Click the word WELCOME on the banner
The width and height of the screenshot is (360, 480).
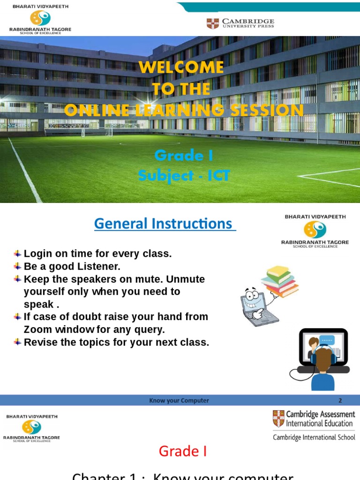click(181, 67)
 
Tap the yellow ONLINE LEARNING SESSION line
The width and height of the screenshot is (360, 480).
click(184, 110)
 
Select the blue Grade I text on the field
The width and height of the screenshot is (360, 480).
click(184, 155)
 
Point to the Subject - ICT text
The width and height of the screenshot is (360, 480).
click(184, 176)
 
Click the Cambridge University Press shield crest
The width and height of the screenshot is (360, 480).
click(212, 23)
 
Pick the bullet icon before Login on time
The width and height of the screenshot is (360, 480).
click(17, 254)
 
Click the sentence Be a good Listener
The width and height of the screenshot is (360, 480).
click(72, 266)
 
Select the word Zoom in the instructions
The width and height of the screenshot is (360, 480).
click(37, 330)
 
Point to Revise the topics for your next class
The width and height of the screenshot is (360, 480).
click(116, 342)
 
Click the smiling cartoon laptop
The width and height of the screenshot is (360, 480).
click(257, 305)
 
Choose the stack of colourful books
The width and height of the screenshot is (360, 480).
click(280, 281)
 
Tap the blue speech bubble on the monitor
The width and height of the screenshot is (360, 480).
click(326, 341)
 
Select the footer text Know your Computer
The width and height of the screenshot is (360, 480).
click(179, 400)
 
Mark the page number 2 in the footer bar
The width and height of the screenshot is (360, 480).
click(340, 400)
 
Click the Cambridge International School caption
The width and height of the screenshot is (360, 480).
click(314, 437)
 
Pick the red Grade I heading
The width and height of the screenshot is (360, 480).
click(182, 451)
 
